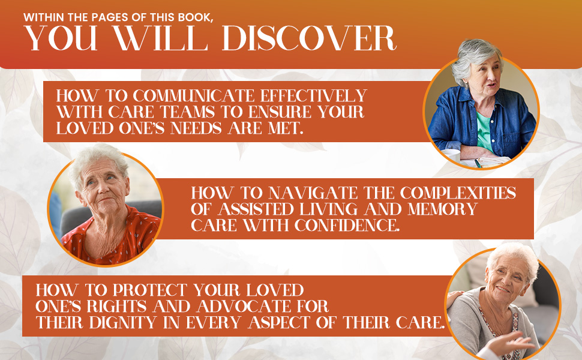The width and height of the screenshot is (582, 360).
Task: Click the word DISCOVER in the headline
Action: (x=309, y=38)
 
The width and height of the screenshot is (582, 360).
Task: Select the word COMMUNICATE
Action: (x=194, y=96)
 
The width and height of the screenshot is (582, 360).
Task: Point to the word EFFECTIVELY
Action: (x=313, y=96)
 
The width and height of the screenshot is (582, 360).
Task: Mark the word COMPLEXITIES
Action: (x=458, y=193)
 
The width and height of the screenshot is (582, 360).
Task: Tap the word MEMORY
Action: (x=442, y=209)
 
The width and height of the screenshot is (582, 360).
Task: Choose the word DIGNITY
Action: (x=123, y=323)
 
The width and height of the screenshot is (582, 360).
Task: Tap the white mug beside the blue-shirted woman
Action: (x=451, y=155)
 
